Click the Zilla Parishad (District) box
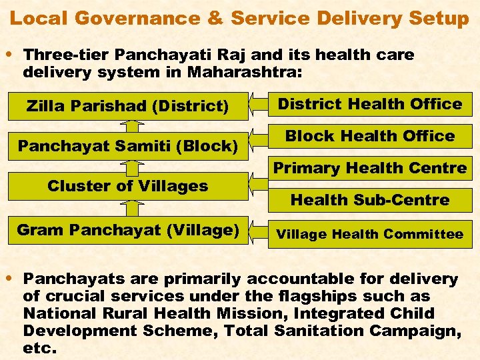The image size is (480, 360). (x=127, y=106)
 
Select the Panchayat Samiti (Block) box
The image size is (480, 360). (x=127, y=145)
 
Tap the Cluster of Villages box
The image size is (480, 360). (x=127, y=186)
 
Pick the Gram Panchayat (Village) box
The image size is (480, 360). (x=127, y=231)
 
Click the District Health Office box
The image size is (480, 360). (x=370, y=104)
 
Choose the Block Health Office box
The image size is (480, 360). (x=370, y=136)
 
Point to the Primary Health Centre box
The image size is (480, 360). (x=370, y=168)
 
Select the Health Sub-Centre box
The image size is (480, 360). (x=370, y=199)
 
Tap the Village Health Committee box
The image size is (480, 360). (x=370, y=234)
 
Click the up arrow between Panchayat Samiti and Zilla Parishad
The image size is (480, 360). (x=133, y=126)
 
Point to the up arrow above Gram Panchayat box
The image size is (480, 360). (x=133, y=208)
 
